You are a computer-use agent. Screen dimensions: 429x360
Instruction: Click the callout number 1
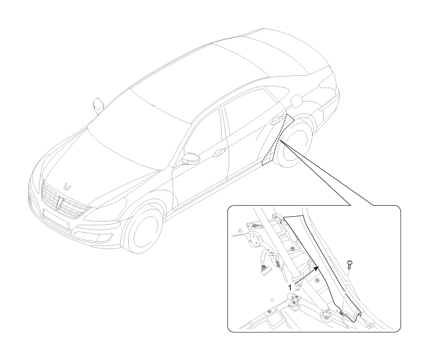coord(290,288)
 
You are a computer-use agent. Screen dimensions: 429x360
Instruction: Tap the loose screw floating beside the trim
coord(349,263)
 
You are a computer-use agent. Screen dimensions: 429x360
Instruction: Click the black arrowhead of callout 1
coord(316,268)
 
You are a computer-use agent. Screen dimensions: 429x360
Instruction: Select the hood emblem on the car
coord(67,187)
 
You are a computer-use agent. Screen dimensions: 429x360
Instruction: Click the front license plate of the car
coord(56,218)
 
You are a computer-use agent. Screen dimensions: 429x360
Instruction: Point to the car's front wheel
coord(143,227)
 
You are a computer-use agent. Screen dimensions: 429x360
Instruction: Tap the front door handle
coord(219,152)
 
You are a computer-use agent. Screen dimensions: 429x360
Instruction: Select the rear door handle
coord(276,120)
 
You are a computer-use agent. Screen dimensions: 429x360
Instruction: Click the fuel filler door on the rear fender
coord(296,101)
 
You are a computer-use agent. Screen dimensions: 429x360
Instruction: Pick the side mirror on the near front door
coord(190,158)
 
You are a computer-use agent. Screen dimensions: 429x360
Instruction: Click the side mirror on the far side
coord(98,105)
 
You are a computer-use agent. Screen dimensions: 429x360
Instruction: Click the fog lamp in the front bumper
coord(107,238)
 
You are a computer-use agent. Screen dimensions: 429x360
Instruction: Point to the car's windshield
coord(140,128)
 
